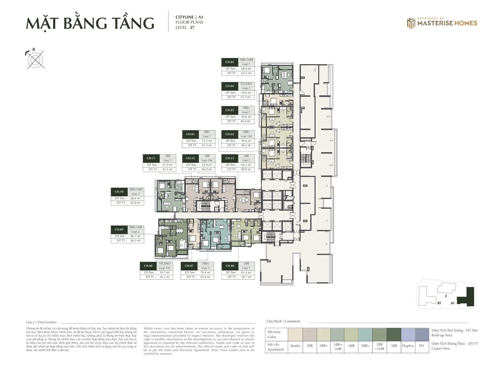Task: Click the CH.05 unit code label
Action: (x=230, y=62)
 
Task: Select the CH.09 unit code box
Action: (x=119, y=230)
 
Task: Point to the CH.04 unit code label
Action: (x=230, y=86)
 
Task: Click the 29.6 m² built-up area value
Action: (x=246, y=93)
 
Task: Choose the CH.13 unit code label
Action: (x=230, y=158)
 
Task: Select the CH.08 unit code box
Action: (x=148, y=266)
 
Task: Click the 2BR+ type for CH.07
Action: (x=206, y=264)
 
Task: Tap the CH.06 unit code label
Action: (x=230, y=266)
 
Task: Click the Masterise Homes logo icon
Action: (x=411, y=23)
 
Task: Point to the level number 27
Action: (x=192, y=28)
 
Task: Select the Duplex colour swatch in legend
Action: (x=408, y=334)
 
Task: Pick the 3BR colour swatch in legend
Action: (x=394, y=334)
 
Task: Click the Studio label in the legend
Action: (x=295, y=346)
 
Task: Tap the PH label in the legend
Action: (x=422, y=346)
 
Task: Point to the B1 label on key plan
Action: (x=439, y=303)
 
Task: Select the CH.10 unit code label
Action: (x=119, y=192)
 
